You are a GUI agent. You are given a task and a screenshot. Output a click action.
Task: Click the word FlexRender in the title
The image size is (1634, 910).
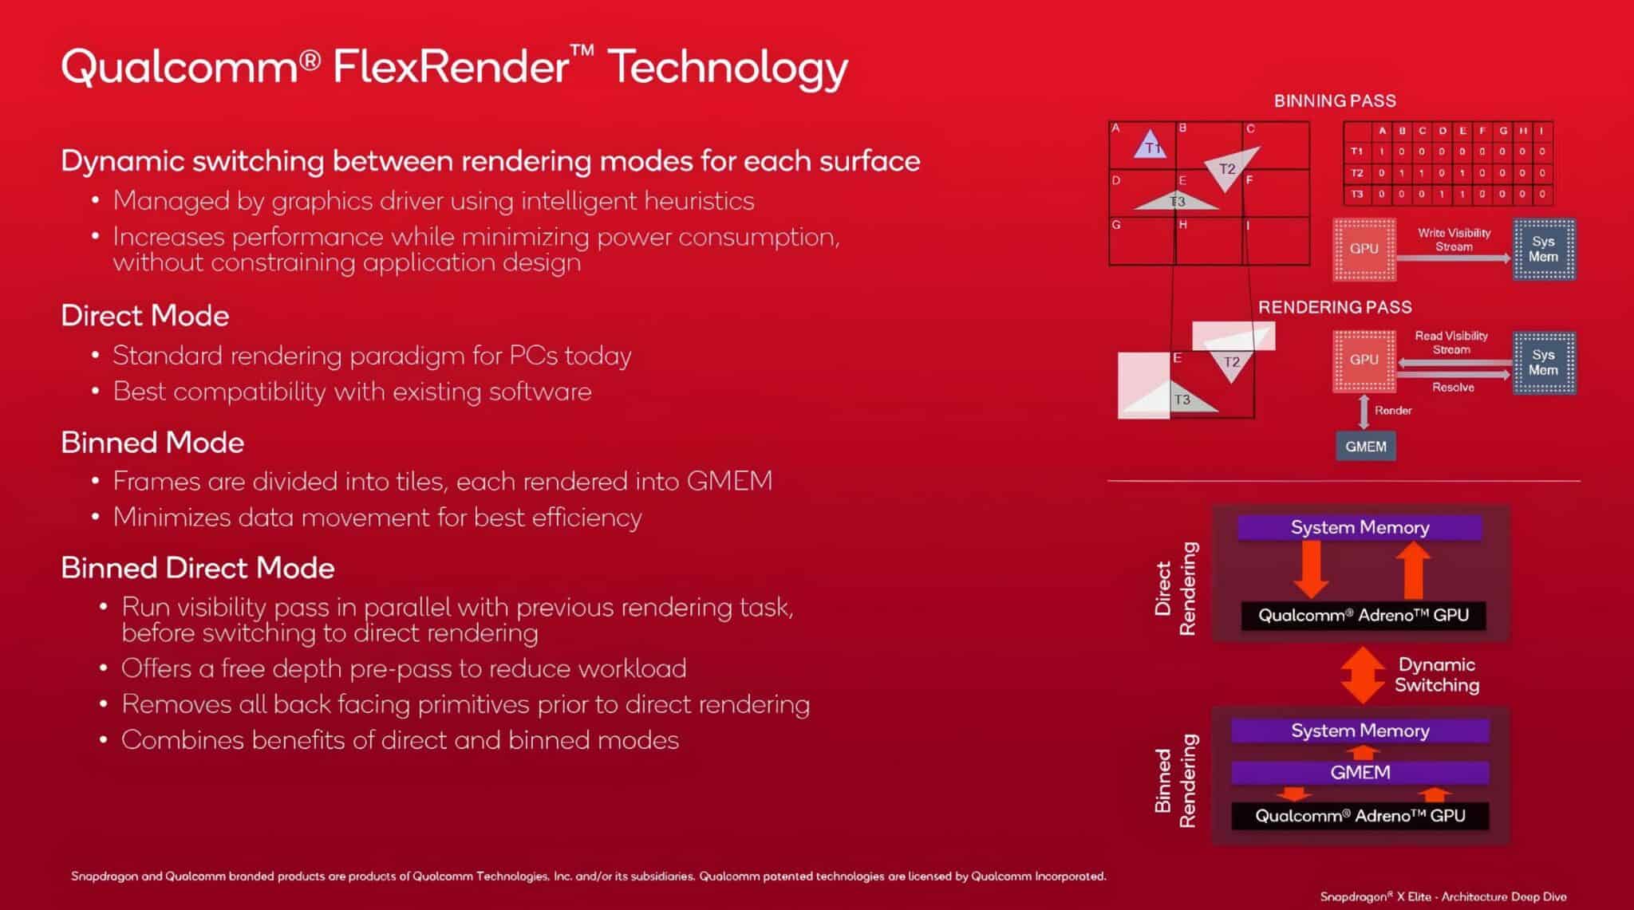pos(451,66)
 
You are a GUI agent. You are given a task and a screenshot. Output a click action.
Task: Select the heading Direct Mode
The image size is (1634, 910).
pos(145,316)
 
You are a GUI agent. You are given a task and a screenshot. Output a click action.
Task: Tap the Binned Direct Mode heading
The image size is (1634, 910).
pos(198,568)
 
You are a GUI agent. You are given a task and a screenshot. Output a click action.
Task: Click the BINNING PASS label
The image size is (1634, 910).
pos(1335,101)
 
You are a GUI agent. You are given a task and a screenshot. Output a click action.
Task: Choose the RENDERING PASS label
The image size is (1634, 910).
pos(1335,307)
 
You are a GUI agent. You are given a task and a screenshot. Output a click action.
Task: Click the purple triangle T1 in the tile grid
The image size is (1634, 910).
pos(1151,145)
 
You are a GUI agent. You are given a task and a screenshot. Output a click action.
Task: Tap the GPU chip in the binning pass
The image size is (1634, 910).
pos(1364,249)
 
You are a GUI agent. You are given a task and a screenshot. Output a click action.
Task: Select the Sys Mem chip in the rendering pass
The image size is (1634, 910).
pos(1543,363)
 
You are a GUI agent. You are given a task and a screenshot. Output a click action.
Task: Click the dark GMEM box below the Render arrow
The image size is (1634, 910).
pos(1365,447)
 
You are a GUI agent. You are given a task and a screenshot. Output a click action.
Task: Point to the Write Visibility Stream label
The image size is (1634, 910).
pos(1454,239)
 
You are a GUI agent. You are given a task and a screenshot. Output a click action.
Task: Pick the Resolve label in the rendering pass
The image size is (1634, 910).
pos(1453,388)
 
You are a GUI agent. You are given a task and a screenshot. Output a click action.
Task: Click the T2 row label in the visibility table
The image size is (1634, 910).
pos(1357,172)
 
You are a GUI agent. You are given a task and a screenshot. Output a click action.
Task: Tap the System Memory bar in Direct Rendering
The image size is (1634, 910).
pos(1360,527)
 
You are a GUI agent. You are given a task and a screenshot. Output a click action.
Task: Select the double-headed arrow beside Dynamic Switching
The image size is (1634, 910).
pos(1363,675)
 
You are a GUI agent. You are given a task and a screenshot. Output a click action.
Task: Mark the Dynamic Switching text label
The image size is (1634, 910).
pos(1436,675)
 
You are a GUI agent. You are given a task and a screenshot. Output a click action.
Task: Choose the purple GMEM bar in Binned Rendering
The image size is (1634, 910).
pos(1360,772)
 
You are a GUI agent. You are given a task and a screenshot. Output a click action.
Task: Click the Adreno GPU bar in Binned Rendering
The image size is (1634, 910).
pos(1360,816)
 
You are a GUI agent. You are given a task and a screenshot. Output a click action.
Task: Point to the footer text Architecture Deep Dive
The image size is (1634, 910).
pos(1504,896)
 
